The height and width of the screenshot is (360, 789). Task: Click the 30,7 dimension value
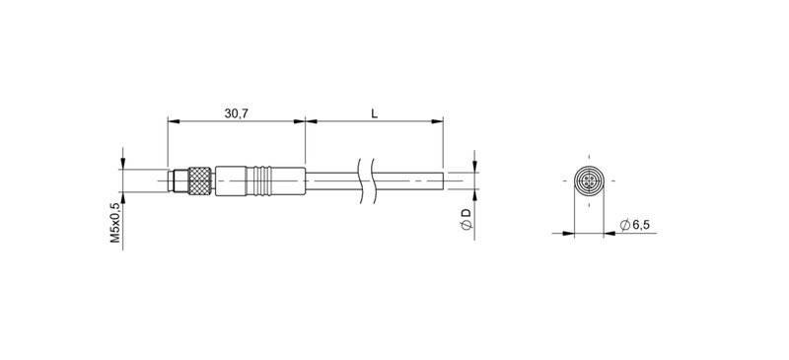236,113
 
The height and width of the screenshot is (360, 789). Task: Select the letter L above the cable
374,113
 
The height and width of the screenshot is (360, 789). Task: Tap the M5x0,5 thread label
115,223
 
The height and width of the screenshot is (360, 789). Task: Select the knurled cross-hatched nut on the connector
200,181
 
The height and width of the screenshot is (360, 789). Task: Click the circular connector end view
587,181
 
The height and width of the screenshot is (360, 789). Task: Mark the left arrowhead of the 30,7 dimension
173,122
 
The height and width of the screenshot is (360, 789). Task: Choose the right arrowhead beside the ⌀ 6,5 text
609,234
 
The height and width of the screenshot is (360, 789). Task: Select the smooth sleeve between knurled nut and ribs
233,181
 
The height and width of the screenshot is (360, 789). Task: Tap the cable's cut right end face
442,181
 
